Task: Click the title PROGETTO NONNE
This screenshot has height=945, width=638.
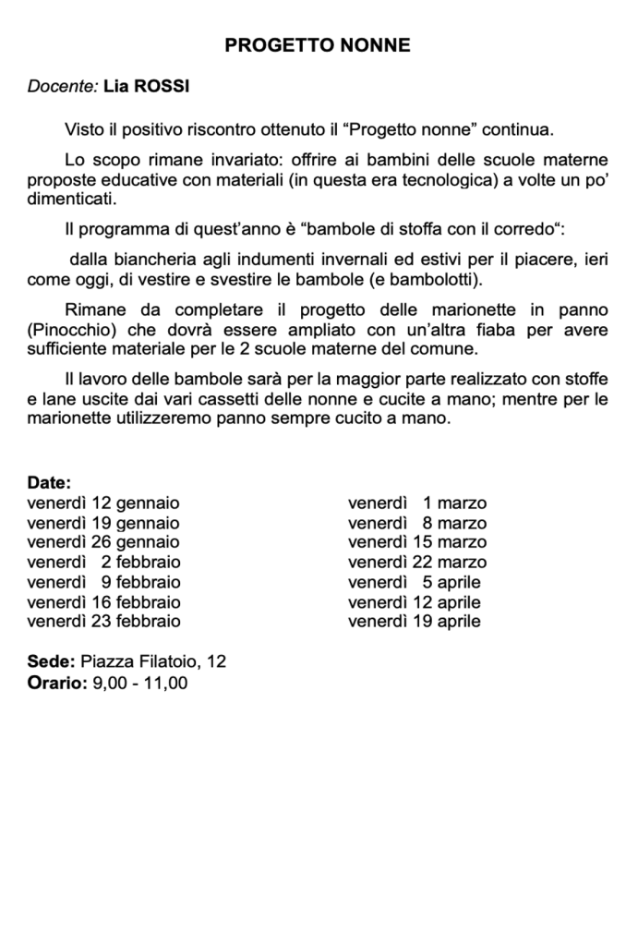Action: pyautogui.click(x=319, y=45)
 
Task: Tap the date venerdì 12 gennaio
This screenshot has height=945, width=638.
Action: pyautogui.click(x=103, y=503)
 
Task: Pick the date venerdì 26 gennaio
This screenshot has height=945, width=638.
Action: pyautogui.click(x=103, y=542)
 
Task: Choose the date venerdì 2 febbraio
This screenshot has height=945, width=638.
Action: pyautogui.click(x=104, y=562)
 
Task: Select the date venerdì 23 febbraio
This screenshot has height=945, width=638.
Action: pyautogui.click(x=104, y=621)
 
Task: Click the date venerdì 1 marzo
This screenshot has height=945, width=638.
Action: pyautogui.click(x=417, y=503)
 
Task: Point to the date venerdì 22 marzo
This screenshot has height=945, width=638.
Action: pyautogui.click(x=417, y=562)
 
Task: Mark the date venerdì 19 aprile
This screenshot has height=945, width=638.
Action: pyautogui.click(x=415, y=621)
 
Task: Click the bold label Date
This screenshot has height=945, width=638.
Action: pyautogui.click(x=49, y=483)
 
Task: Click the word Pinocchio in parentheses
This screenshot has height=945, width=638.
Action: pyautogui.click(x=71, y=328)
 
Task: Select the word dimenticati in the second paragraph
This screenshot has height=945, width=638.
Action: pyautogui.click(x=72, y=198)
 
